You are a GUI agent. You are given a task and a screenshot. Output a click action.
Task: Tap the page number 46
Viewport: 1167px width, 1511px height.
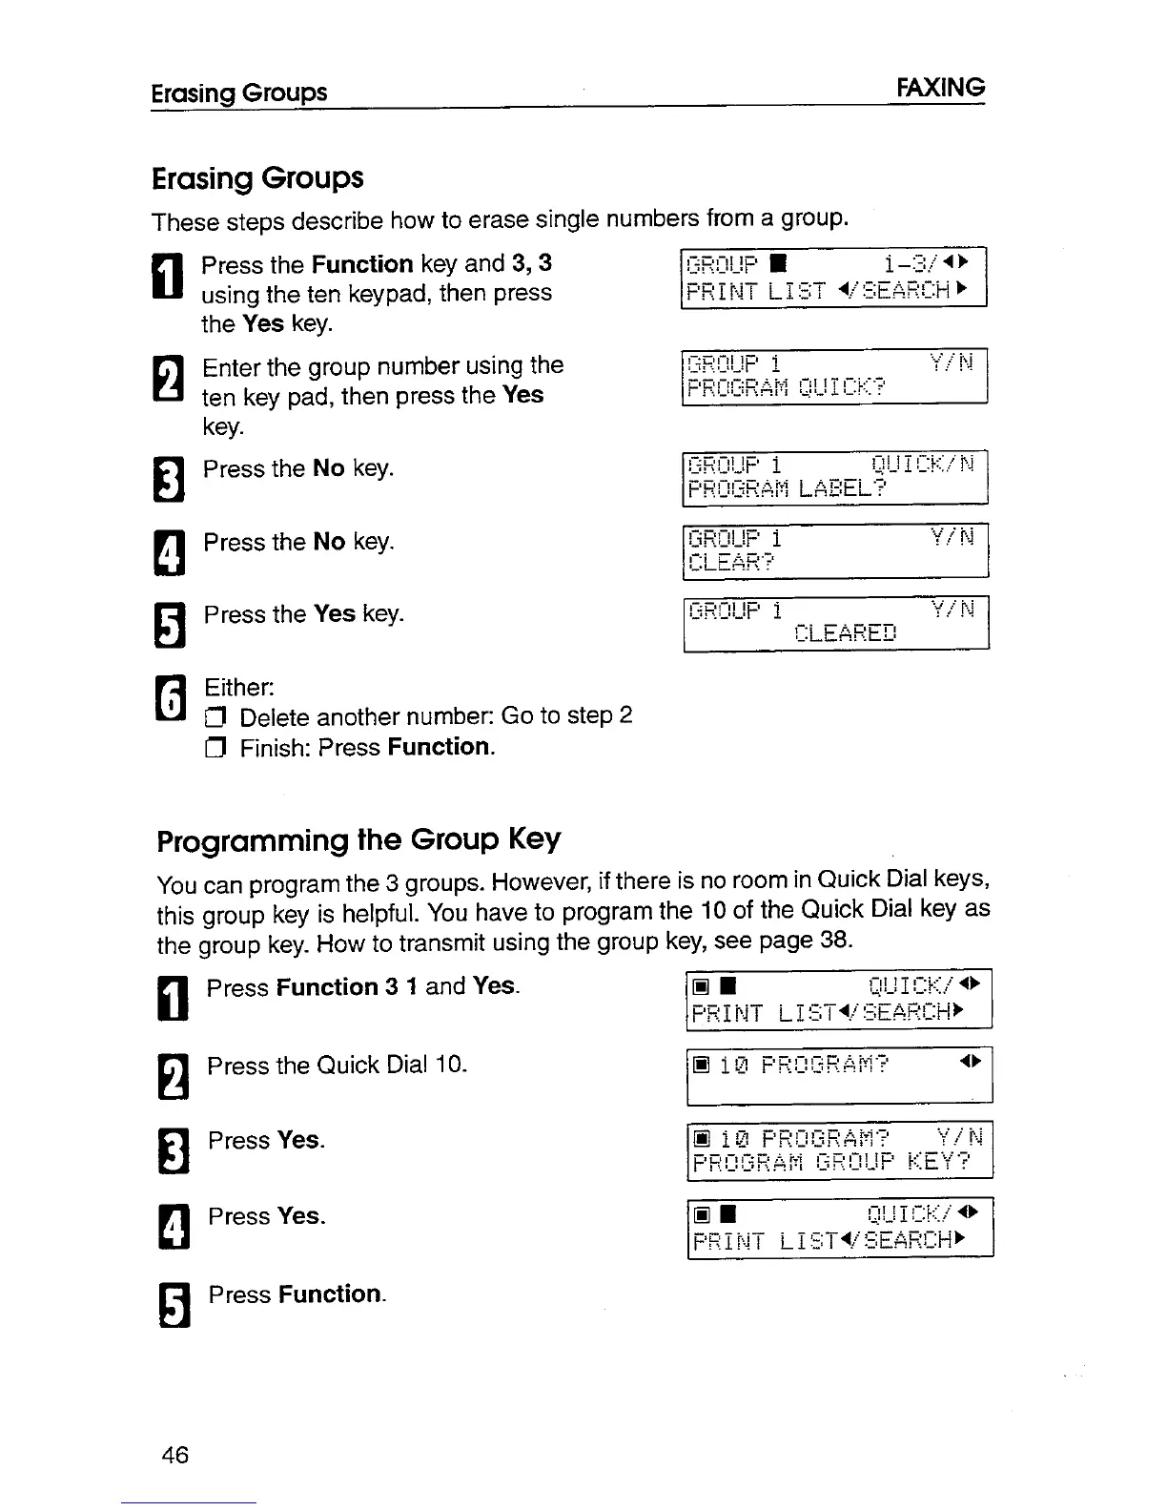point(175,1455)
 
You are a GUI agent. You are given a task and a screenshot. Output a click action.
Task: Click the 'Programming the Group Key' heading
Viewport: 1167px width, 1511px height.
point(358,839)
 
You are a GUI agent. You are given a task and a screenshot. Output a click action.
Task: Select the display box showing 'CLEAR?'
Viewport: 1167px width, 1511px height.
point(835,550)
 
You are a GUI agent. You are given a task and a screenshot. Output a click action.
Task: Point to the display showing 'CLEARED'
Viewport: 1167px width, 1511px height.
point(835,623)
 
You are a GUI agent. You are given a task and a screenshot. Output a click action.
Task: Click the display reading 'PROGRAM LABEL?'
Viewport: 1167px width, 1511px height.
point(835,477)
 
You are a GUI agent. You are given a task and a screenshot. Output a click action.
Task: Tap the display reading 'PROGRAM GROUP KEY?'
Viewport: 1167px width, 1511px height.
point(839,1149)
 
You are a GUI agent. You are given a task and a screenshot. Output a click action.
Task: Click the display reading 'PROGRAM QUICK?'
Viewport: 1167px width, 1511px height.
point(834,377)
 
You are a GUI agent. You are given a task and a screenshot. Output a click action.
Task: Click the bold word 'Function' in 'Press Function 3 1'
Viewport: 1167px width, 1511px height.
point(327,987)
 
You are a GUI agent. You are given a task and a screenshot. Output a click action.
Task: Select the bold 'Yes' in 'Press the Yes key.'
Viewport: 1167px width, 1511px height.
point(334,613)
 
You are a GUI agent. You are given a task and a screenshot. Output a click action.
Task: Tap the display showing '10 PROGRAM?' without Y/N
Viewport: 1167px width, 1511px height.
point(839,1075)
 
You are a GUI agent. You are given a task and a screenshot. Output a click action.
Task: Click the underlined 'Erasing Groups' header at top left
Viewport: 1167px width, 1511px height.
point(239,93)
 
